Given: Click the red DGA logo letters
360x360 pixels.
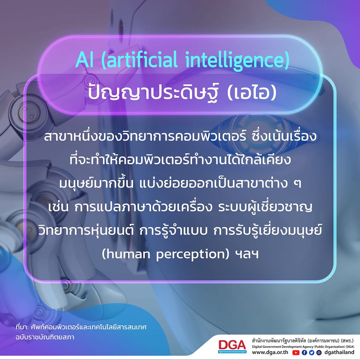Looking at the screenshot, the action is [232, 345].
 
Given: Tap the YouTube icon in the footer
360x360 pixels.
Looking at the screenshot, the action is [296, 352].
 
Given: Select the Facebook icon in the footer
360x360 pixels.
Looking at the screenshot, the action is [304, 352].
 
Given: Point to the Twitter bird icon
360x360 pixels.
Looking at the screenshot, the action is [312, 352].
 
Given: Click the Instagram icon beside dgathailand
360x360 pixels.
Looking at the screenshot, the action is [319, 352].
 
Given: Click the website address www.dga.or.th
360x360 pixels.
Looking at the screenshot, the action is [270, 352].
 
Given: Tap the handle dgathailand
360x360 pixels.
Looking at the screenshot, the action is [339, 352].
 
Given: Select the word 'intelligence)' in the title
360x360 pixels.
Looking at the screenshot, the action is [237, 60].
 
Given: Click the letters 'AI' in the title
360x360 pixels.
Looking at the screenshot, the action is [84, 60].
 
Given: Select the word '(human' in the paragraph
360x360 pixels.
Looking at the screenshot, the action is [126, 254].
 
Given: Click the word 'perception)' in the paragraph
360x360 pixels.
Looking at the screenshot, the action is [193, 255].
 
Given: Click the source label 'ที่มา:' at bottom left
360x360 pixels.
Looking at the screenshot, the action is [22, 327].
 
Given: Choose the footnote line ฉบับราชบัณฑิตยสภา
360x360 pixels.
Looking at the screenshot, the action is [45, 337].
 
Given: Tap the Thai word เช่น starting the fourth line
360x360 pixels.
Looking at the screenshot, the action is [58, 207].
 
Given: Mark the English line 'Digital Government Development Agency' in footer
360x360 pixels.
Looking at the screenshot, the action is [282, 346].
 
